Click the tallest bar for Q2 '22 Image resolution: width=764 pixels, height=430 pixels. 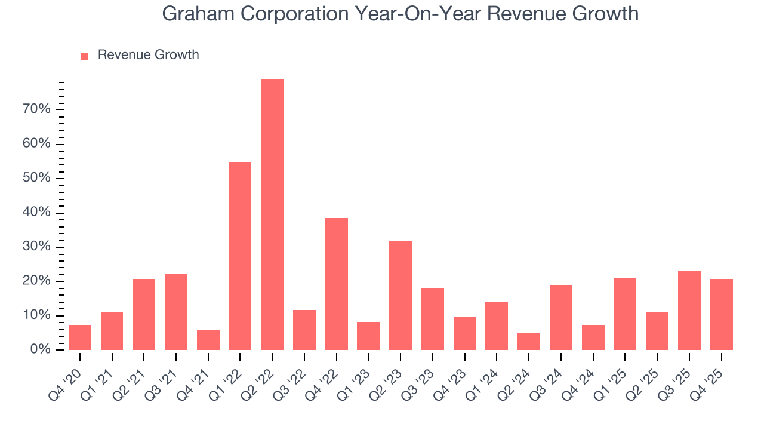pos(272,215)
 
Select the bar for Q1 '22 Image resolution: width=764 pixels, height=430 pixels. pos(240,256)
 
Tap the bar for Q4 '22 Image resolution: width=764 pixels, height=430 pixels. pos(337,284)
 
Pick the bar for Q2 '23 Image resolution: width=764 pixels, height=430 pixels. pos(401,295)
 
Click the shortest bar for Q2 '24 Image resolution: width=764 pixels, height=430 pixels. pos(529,342)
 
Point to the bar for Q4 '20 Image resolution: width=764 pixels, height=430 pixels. pos(80,337)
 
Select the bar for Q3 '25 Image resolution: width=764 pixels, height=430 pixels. pos(689,310)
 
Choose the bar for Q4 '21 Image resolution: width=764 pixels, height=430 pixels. pos(208,340)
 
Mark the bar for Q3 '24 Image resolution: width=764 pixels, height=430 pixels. pos(561,318)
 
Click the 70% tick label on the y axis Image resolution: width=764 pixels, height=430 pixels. pos(37,109)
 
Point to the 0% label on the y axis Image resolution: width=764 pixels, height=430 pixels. pos(40,349)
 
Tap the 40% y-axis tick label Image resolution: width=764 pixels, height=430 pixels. pos(37,213)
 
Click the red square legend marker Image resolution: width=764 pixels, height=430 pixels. pos(84,56)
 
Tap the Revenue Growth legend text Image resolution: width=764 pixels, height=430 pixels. pos(148,55)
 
